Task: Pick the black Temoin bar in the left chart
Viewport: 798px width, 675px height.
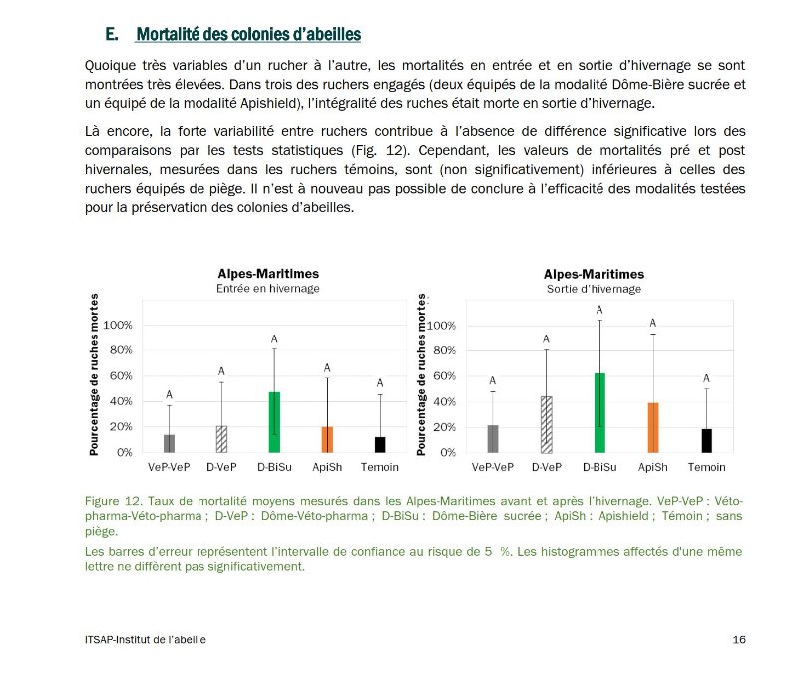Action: point(380,444)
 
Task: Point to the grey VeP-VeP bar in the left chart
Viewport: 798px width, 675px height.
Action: point(169,443)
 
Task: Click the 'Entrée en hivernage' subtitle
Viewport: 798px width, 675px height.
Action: point(268,289)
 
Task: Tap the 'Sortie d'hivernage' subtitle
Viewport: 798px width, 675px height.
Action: point(594,289)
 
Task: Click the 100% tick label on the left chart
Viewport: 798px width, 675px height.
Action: point(118,326)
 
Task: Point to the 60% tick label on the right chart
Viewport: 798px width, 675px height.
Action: point(443,376)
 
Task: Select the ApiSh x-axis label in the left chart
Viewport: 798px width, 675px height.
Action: point(327,468)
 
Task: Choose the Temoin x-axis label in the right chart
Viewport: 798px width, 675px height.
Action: point(706,468)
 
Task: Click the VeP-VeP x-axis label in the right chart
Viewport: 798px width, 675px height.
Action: point(492,468)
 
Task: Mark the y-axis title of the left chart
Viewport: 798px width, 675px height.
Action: point(94,376)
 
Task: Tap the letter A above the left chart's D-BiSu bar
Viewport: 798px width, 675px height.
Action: point(274,340)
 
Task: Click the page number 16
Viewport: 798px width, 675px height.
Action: point(739,640)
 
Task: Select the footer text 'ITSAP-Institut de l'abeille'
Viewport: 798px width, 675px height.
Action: point(147,640)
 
